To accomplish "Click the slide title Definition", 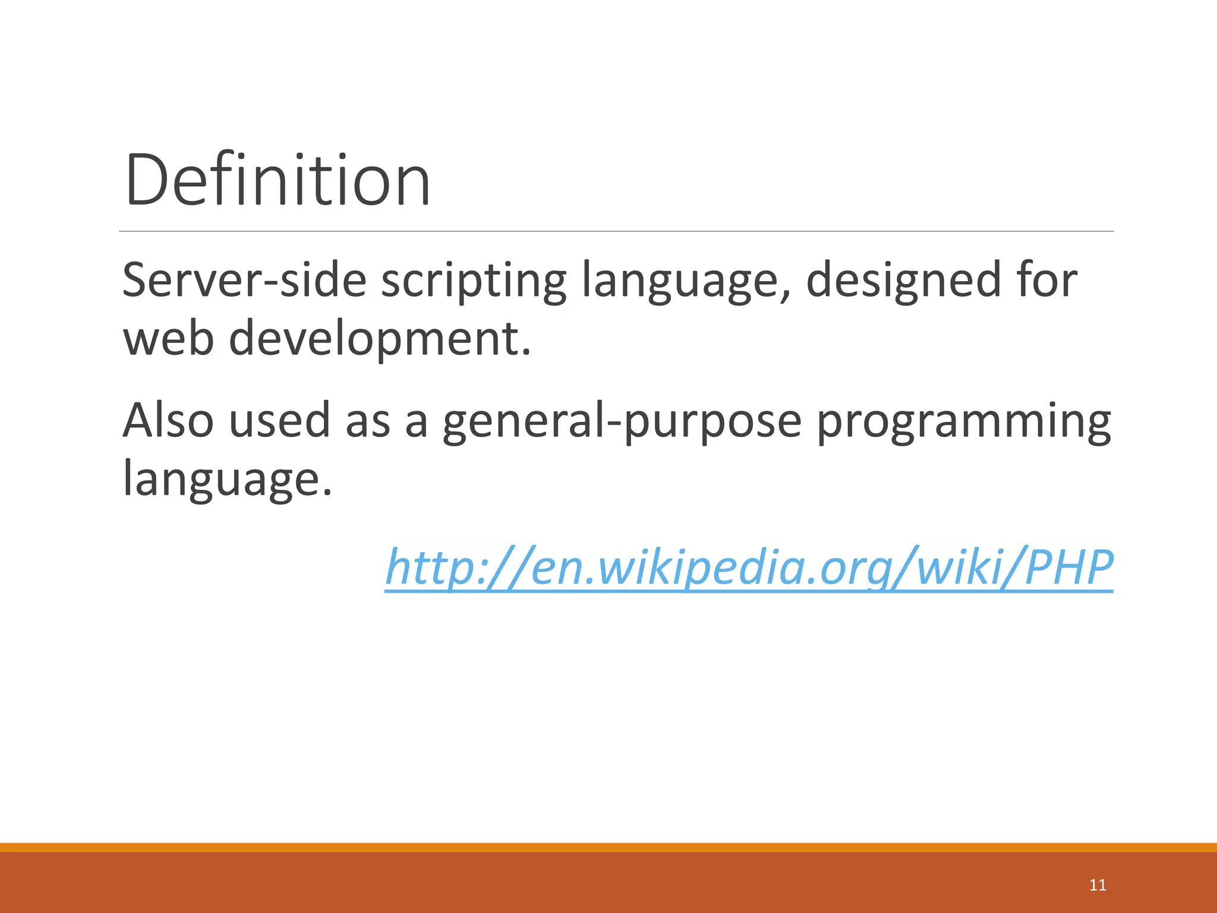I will (278, 180).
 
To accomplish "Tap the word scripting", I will (474, 281).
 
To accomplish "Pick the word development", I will (380, 339).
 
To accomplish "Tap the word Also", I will (168, 420).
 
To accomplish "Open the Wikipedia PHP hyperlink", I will (749, 567).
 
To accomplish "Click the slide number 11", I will (1098, 885).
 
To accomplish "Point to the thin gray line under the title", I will (616, 231).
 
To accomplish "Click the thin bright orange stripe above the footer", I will (608, 847).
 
